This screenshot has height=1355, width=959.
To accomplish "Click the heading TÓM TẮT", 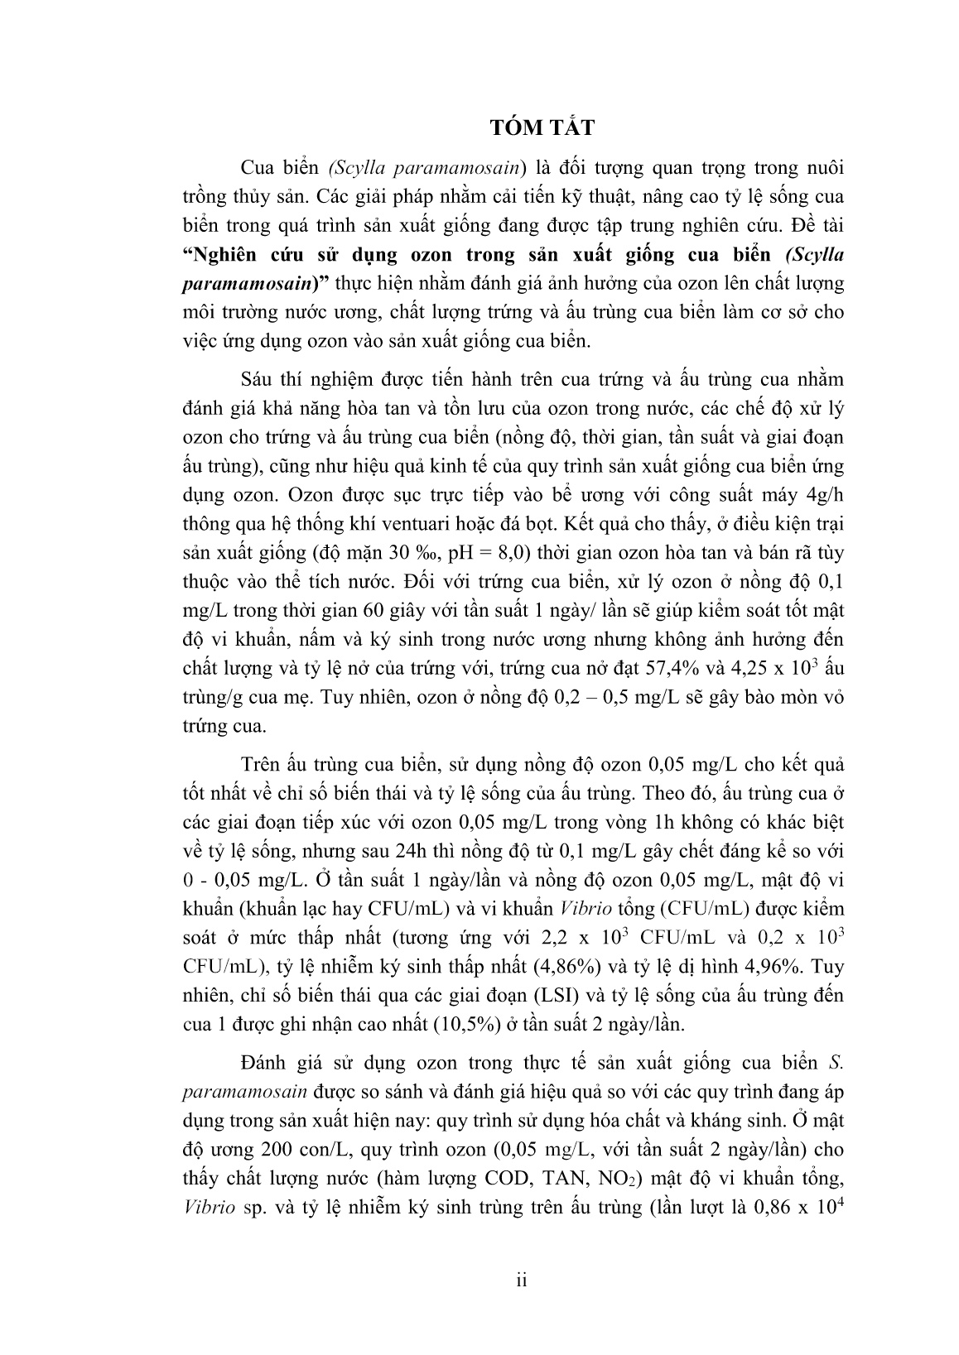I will click(542, 128).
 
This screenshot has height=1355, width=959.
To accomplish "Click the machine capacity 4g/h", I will click(822, 495).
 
